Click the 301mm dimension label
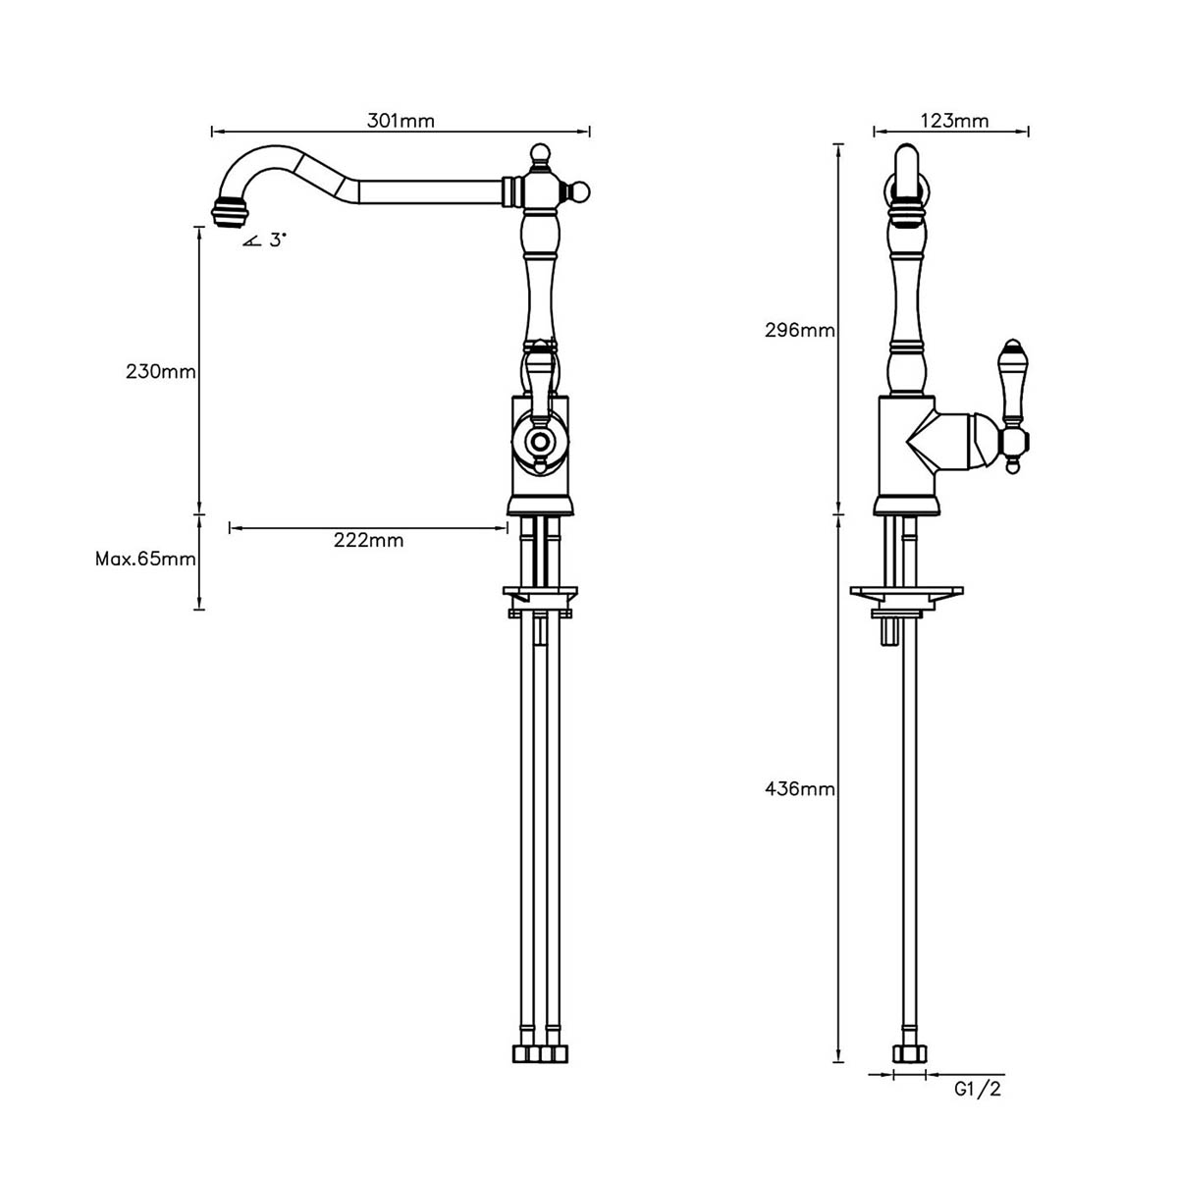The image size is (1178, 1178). pos(401,121)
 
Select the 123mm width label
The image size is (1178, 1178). pos(954,121)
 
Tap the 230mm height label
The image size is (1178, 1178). pos(161,372)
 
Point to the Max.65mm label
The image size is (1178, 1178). pos(145,559)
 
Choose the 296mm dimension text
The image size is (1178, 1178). pos(799,330)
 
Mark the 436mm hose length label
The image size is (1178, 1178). pos(799,788)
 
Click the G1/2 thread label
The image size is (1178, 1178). pos(978,1089)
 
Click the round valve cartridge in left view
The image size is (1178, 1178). pos(538,441)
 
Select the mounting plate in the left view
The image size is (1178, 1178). pos(539,594)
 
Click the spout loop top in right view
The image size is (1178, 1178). pos(908,162)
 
